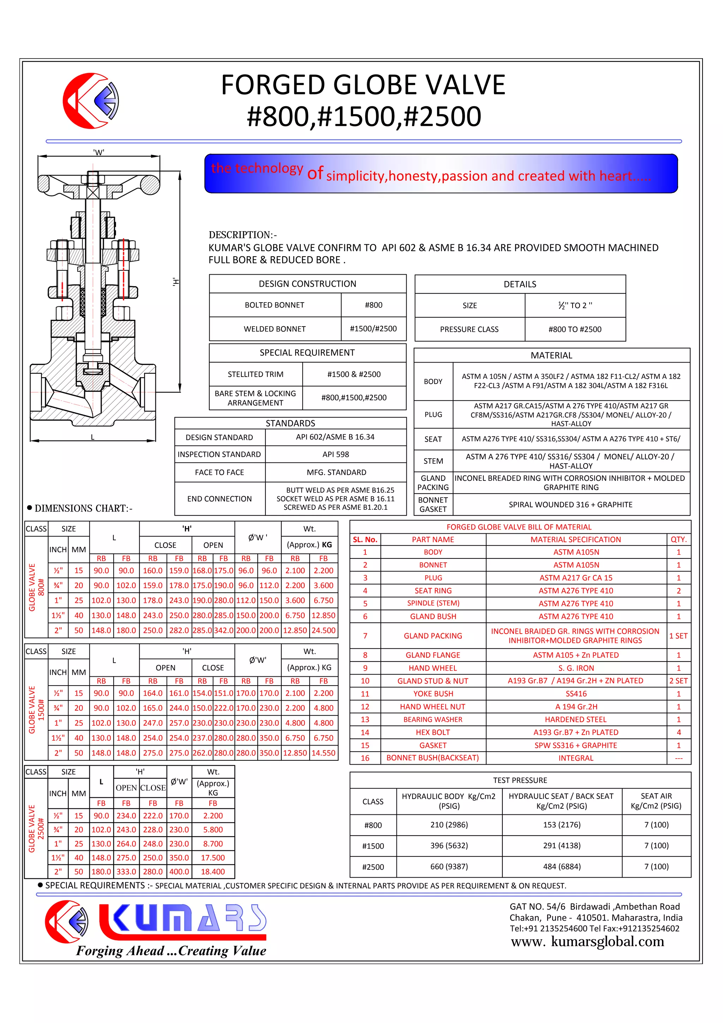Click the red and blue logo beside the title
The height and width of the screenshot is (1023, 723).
(x=91, y=101)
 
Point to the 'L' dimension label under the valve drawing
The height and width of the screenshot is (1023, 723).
(x=92, y=437)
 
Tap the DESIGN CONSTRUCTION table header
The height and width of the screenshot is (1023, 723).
(x=307, y=284)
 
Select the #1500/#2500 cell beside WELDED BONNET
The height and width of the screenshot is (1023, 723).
(x=373, y=329)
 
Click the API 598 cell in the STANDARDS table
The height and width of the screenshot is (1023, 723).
(x=335, y=454)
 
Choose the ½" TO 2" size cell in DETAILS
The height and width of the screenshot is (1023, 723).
(x=575, y=306)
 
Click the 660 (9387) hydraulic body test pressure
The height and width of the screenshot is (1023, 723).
(x=449, y=866)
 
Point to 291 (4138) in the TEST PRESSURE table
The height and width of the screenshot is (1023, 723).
(x=561, y=845)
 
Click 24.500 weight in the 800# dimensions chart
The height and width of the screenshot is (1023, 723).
(x=323, y=630)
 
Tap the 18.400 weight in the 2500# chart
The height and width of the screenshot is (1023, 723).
(x=213, y=872)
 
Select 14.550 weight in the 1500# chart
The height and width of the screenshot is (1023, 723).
(x=323, y=753)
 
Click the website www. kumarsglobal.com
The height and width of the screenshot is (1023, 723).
(x=587, y=941)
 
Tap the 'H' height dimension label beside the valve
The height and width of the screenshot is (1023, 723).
(x=176, y=282)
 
